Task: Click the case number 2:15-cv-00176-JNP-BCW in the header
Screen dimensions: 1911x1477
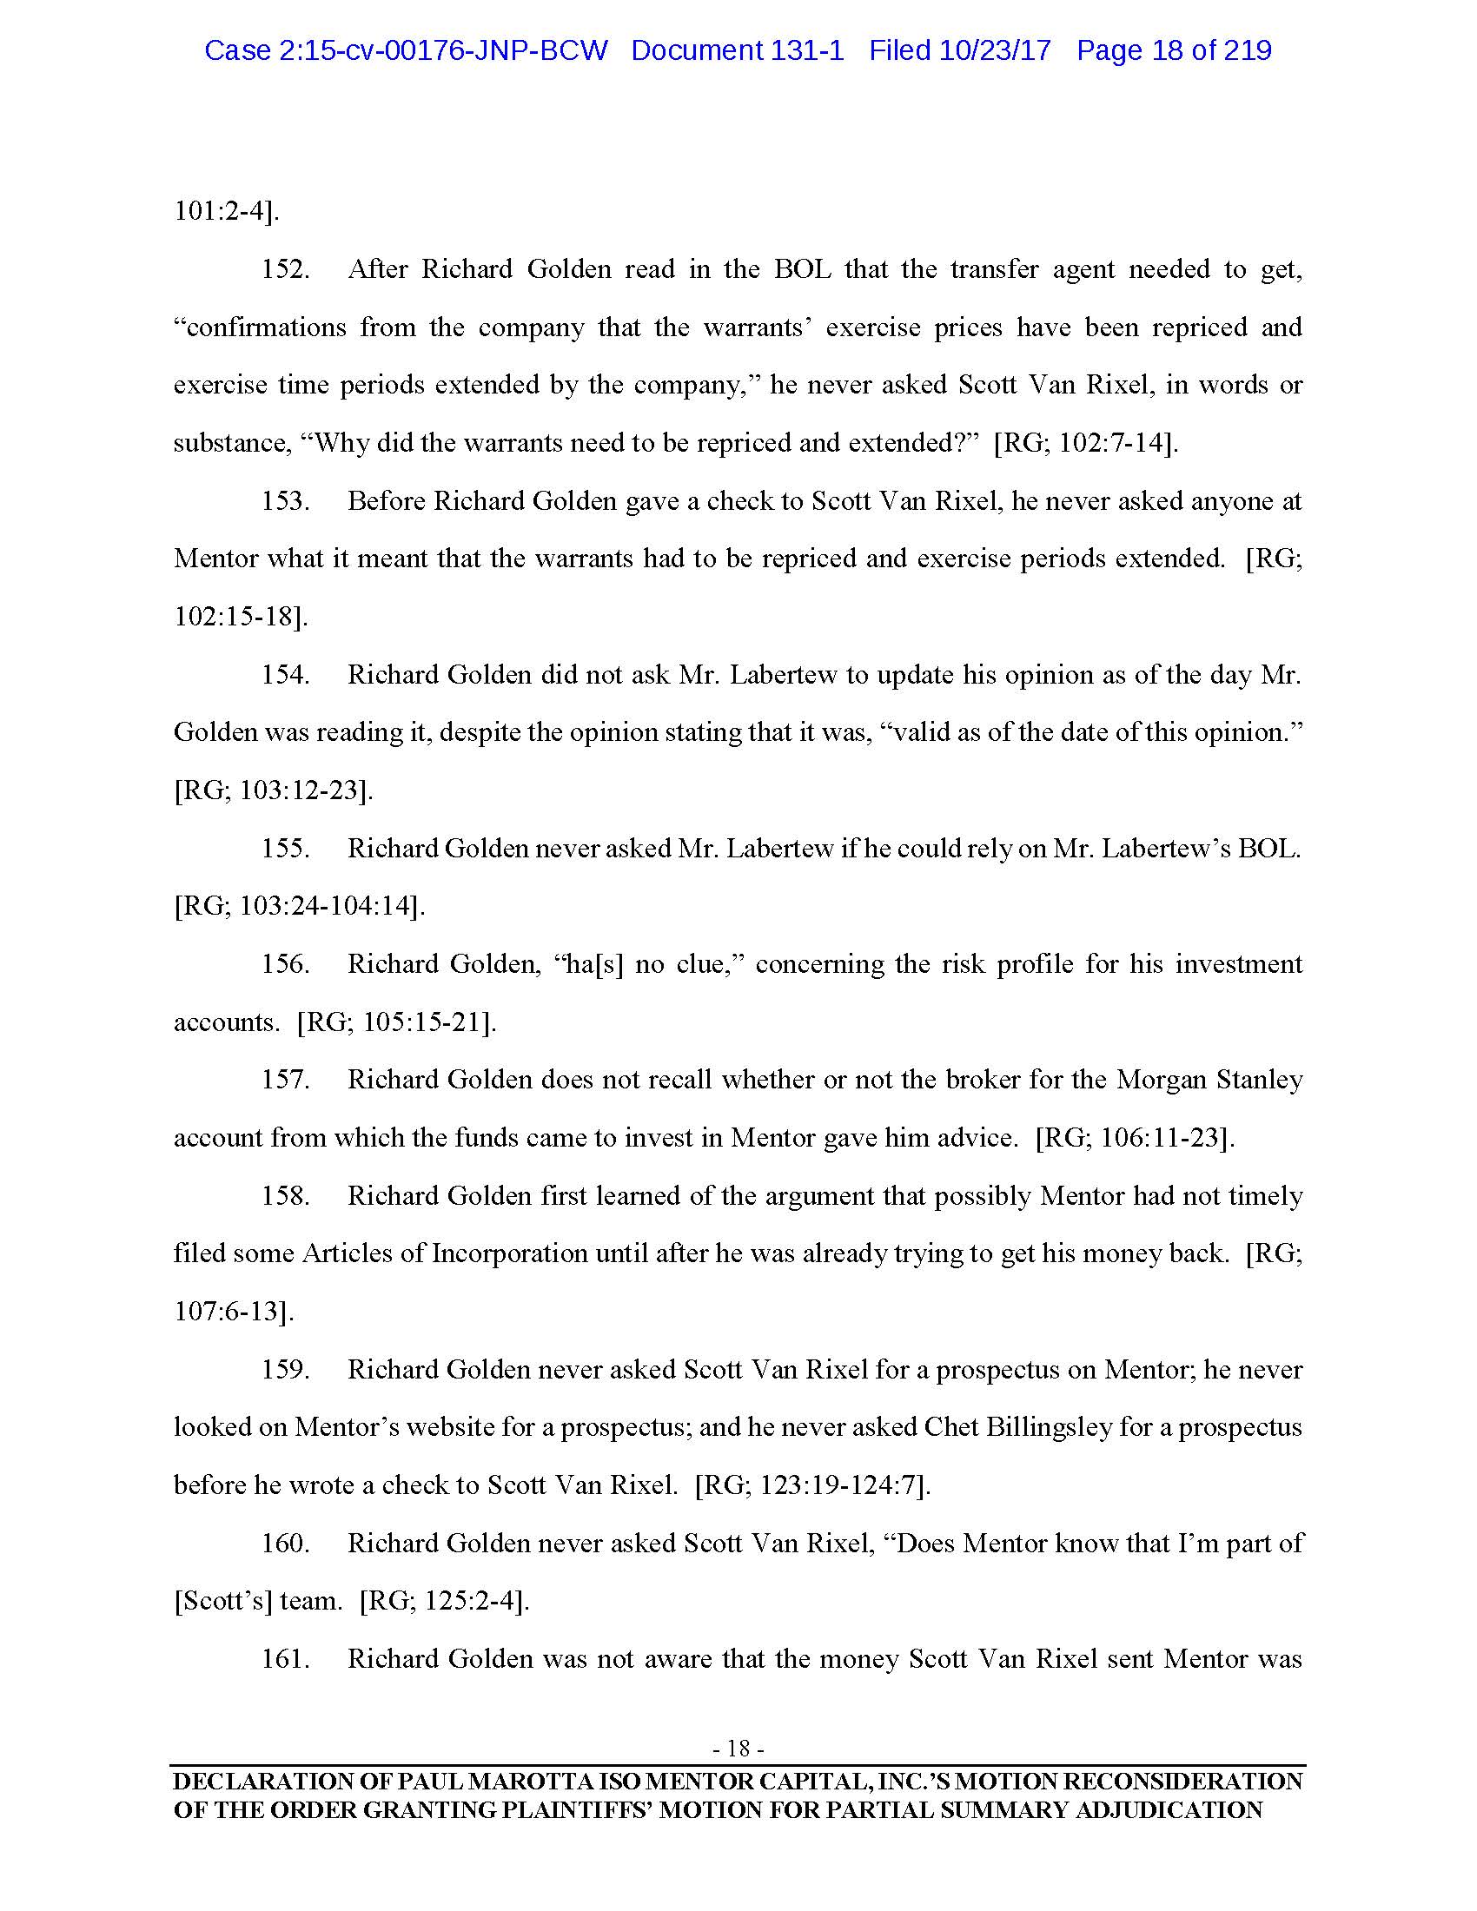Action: [x=405, y=50]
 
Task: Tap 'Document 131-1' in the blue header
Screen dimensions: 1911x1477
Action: [x=737, y=50]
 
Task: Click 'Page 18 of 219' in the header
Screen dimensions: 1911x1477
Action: [x=1174, y=50]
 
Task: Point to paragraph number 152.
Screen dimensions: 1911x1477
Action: [x=285, y=269]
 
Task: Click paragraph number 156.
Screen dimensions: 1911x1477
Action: [x=285, y=964]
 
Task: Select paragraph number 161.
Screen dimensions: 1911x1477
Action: [x=285, y=1659]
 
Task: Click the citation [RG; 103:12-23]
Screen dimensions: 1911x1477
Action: [x=274, y=790]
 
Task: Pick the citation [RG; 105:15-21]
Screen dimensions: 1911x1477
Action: [x=396, y=1022]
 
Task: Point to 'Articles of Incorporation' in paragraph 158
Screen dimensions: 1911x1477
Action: [x=445, y=1253]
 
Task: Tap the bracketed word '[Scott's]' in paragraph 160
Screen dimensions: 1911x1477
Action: [x=223, y=1601]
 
